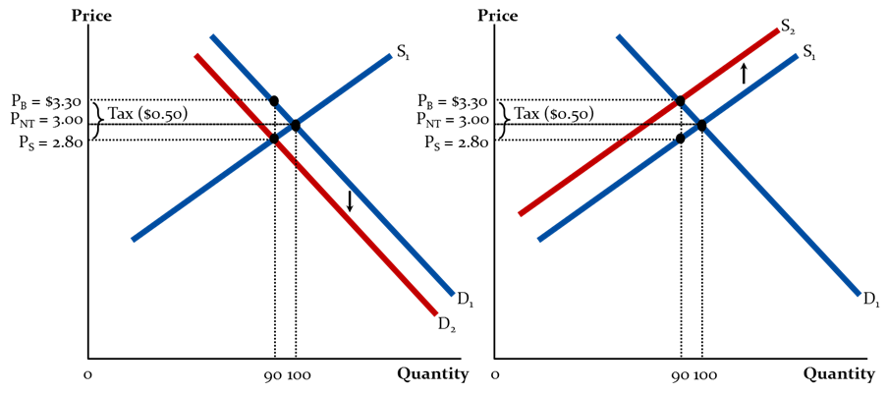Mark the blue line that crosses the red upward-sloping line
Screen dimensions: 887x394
[x=786, y=216]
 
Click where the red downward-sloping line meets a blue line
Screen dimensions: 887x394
[x=275, y=140]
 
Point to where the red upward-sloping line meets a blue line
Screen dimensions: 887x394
[x=679, y=100]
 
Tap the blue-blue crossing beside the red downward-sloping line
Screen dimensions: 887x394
[x=295, y=125]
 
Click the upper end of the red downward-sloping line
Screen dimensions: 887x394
[x=196, y=56]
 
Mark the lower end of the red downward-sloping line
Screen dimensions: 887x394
[x=435, y=313]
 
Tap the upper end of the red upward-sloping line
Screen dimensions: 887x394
[x=778, y=30]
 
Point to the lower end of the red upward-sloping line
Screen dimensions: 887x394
[x=520, y=213]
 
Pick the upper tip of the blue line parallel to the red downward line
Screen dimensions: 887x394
[x=211, y=36]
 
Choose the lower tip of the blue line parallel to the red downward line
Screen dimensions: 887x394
[x=453, y=293]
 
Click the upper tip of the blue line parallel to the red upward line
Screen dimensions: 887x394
[x=797, y=56]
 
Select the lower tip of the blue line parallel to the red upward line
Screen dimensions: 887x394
[x=538, y=239]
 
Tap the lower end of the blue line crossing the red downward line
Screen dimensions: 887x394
[x=133, y=239]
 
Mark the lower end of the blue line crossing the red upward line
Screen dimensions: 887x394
[x=859, y=293]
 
